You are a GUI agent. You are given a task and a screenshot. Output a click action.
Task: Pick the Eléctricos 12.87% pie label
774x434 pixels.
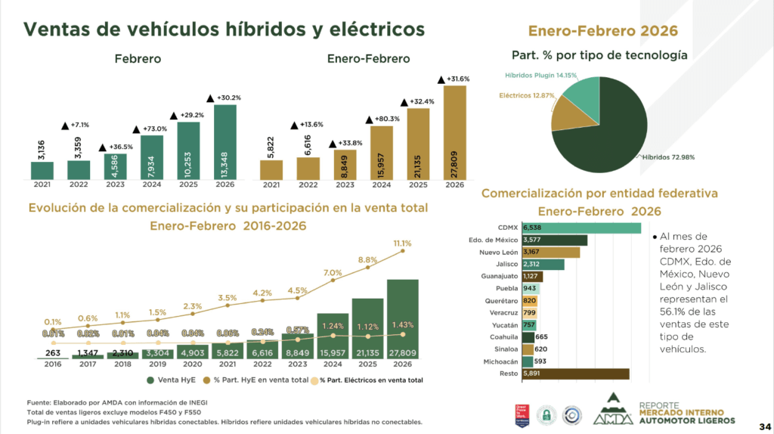(525, 96)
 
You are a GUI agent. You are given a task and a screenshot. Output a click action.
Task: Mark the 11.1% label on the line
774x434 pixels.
(403, 243)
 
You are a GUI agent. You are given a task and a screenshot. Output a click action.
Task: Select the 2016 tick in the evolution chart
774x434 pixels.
(52, 364)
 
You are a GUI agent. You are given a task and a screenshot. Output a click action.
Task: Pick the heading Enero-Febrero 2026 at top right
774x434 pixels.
(602, 31)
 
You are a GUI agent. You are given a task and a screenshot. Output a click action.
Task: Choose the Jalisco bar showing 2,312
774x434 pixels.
(547, 265)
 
